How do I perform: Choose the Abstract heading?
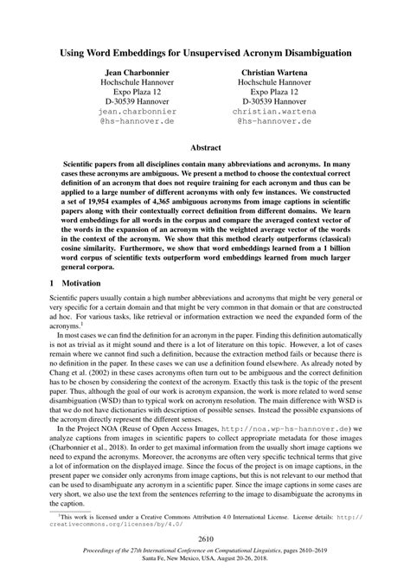point(205,148)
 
